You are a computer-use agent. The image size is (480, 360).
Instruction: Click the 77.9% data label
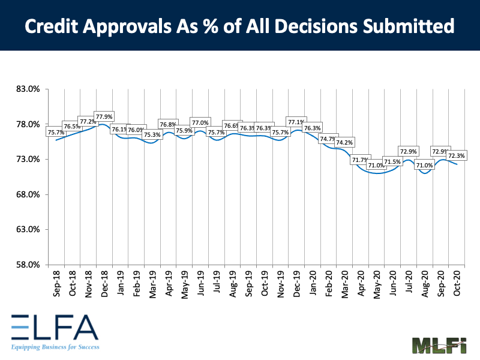(x=104, y=116)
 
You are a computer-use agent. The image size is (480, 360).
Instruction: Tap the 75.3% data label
(x=152, y=135)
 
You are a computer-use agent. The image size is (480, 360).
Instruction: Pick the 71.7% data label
(x=361, y=160)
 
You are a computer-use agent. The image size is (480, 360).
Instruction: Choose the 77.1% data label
(x=296, y=121)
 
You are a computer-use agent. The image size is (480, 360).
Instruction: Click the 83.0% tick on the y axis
(x=28, y=89)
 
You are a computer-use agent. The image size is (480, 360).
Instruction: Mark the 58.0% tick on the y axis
(x=28, y=265)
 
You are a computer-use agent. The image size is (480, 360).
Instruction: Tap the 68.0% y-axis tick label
(x=28, y=194)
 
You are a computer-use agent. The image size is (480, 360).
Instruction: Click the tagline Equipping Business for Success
(x=55, y=347)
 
